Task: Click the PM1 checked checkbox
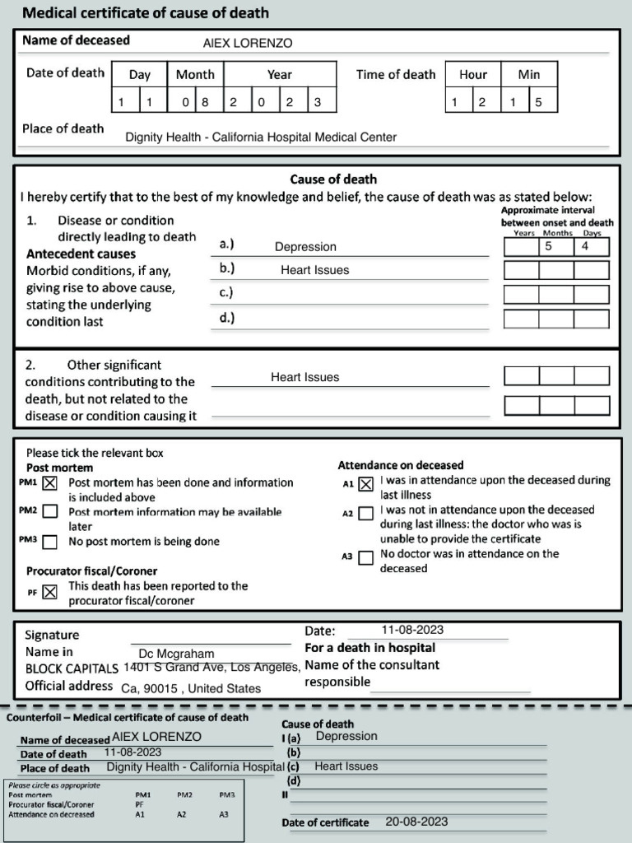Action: point(50,483)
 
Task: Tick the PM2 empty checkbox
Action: point(50,512)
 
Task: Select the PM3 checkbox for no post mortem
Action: point(50,542)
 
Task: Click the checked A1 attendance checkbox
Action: point(366,484)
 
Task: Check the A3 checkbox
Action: point(366,557)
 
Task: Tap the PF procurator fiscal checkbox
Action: point(50,591)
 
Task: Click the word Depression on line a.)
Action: point(305,247)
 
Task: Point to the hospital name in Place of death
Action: point(261,137)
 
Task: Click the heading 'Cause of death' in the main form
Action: point(333,179)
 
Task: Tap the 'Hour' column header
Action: point(473,74)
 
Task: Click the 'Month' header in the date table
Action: point(195,74)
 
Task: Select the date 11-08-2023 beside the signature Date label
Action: point(412,630)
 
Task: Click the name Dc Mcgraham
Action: point(176,653)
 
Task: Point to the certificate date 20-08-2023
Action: point(416,822)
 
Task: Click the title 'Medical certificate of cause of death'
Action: point(145,13)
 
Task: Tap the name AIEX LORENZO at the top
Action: point(248,44)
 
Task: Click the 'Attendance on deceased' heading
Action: point(401,465)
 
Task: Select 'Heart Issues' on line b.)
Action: point(314,270)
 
